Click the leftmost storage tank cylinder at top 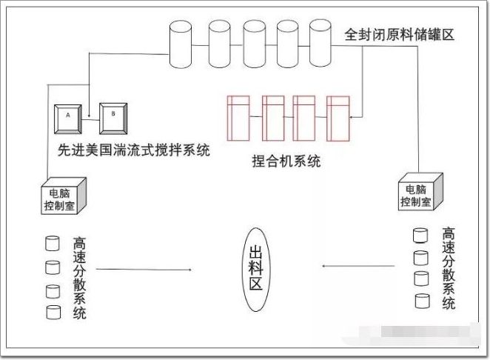180,43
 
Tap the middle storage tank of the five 253,43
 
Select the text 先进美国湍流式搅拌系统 133,150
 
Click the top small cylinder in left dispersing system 52,243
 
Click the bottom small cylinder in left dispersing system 52,312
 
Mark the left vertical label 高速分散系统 80,278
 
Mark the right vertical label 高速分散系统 449,268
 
